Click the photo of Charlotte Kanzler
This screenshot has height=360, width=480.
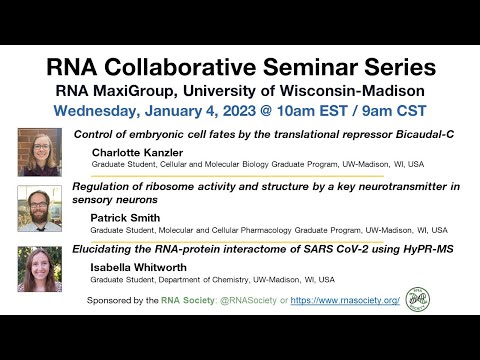(39, 152)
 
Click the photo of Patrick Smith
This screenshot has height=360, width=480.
(39, 208)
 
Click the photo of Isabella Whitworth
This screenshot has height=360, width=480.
(39, 268)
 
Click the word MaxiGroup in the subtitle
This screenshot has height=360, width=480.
(173, 88)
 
